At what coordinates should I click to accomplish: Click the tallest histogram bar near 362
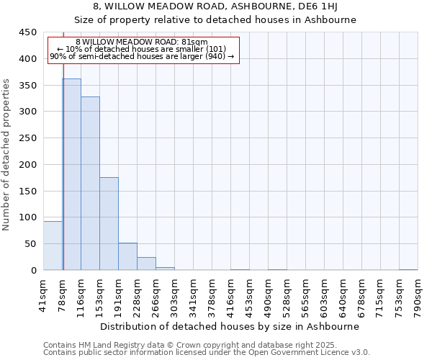pos(71,174)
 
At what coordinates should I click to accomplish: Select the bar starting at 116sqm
pos(90,183)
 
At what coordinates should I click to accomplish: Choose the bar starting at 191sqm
pos(127,256)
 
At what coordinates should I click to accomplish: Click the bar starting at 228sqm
pos(146,264)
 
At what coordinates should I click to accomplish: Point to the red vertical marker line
pos(63,180)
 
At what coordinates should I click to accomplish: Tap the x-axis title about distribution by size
pos(229,326)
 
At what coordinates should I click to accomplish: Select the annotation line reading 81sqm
pos(142,42)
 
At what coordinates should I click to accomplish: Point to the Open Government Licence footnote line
pos(206,352)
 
